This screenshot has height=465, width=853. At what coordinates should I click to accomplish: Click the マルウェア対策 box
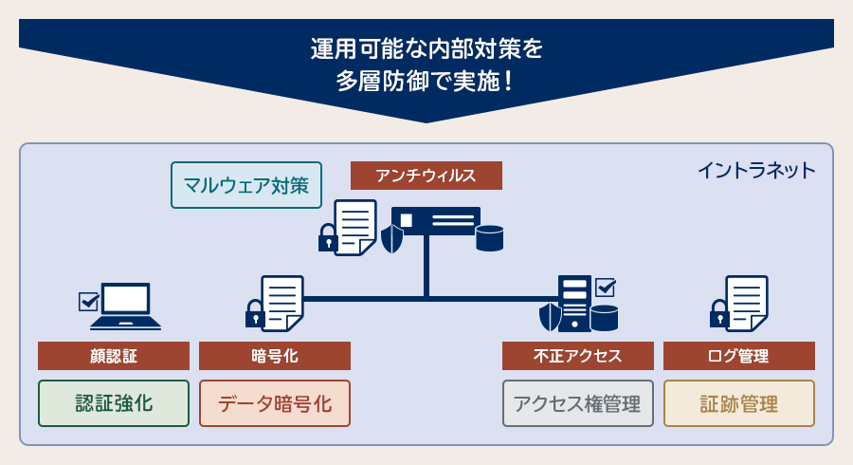pyautogui.click(x=246, y=185)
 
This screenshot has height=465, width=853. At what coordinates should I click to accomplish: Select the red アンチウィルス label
pyautogui.click(x=426, y=176)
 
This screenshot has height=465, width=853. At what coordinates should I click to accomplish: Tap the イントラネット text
pyautogui.click(x=755, y=171)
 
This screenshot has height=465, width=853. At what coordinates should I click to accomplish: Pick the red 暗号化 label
pyautogui.click(x=275, y=356)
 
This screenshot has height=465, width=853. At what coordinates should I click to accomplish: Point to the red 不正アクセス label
pyautogui.click(x=578, y=356)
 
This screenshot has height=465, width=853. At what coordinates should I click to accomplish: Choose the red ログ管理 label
pyautogui.click(x=739, y=356)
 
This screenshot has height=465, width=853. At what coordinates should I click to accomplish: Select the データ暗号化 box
pyautogui.click(x=275, y=403)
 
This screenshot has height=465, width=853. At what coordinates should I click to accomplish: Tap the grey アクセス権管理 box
pyautogui.click(x=578, y=403)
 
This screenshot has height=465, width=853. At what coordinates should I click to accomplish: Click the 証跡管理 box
pyautogui.click(x=739, y=403)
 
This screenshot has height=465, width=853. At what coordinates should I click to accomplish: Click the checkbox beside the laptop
pyautogui.click(x=89, y=302)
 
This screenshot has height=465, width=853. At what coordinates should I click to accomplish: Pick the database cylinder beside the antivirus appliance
pyautogui.click(x=489, y=238)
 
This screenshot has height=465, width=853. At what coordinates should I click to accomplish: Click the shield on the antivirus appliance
pyautogui.click(x=391, y=238)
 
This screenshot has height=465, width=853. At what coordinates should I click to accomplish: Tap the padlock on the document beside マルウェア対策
pyautogui.click(x=328, y=238)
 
